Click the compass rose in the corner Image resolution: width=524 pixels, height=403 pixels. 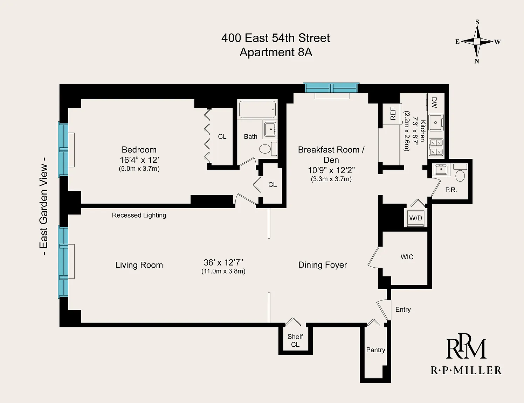(477, 41)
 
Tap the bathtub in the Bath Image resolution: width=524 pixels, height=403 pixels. (257, 109)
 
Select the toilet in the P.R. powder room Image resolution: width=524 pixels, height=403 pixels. (460, 173)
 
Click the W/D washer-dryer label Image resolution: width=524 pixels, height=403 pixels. (416, 218)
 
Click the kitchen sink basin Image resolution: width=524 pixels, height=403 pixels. (435, 122)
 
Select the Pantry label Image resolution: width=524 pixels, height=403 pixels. (375, 350)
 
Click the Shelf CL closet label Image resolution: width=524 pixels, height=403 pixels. (295, 340)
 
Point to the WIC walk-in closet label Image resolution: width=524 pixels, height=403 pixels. (407, 257)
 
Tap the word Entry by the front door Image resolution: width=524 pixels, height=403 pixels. (403, 310)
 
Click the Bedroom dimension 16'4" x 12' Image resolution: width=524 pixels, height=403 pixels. (139, 160)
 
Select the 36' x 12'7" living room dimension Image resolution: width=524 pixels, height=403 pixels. (223, 262)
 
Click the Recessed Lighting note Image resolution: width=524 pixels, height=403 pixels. (139, 215)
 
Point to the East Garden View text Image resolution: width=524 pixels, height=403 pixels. (44, 206)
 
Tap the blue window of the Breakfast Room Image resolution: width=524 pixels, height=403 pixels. (331, 87)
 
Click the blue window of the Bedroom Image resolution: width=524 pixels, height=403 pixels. (63, 149)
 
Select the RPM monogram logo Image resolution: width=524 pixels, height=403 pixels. (466, 346)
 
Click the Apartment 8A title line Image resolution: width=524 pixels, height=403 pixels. (276, 52)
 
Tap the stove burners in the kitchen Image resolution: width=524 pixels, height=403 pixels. (435, 147)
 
